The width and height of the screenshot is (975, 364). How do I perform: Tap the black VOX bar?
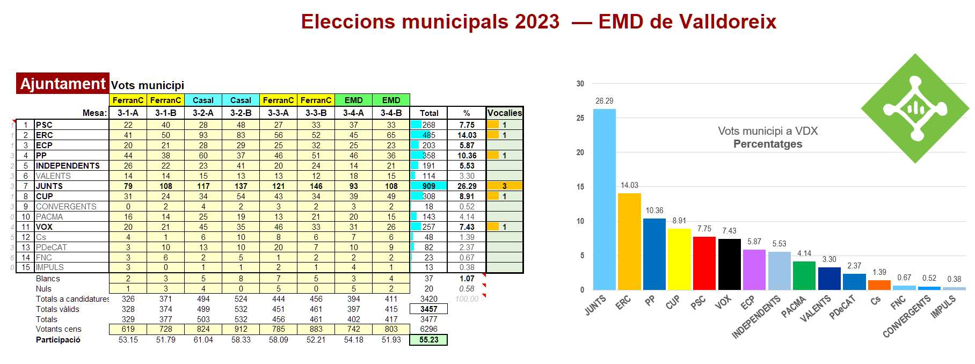pyautogui.click(x=729, y=264)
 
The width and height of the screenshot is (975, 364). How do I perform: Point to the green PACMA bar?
pyautogui.click(x=804, y=275)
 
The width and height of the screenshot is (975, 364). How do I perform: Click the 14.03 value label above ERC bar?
pyautogui.click(x=629, y=185)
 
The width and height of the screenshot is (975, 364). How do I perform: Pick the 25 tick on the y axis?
pyautogui.click(x=580, y=118)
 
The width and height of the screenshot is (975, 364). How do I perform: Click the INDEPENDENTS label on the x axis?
pyautogui.click(x=756, y=317)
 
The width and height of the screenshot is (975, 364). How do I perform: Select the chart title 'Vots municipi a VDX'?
pyautogui.click(x=768, y=131)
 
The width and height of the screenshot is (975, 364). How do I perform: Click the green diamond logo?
pyautogui.click(x=915, y=108)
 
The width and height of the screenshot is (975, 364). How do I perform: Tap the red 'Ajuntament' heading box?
pyautogui.click(x=62, y=84)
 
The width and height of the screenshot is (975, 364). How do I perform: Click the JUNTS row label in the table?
pyautogui.click(x=49, y=186)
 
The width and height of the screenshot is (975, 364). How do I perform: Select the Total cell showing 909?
pyautogui.click(x=428, y=186)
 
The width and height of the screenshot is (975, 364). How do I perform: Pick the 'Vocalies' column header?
pyautogui.click(x=504, y=113)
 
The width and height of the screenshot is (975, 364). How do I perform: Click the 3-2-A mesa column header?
pyautogui.click(x=203, y=113)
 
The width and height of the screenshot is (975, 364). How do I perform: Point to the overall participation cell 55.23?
pyautogui.click(x=428, y=340)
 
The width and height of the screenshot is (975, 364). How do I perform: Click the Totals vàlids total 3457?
pyautogui.click(x=428, y=309)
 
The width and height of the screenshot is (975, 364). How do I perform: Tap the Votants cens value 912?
pyautogui.click(x=241, y=329)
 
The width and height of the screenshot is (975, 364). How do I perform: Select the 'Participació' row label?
pyautogui.click(x=58, y=340)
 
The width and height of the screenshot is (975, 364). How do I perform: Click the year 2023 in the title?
pyautogui.click(x=537, y=22)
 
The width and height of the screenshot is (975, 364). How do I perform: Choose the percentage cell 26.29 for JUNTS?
pyautogui.click(x=467, y=186)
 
